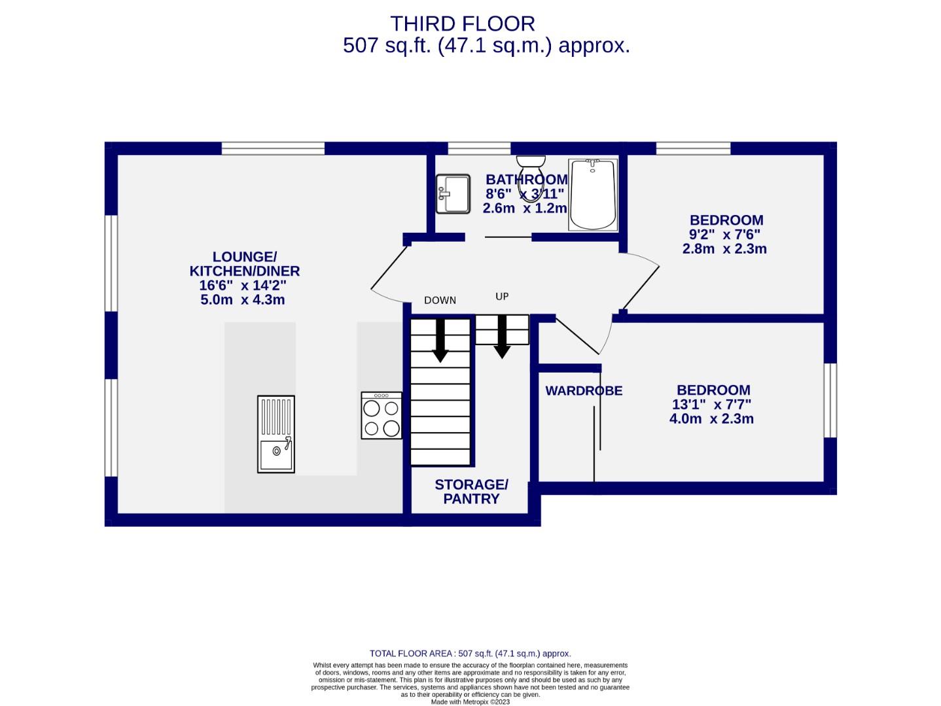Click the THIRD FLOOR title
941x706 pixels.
(463, 24)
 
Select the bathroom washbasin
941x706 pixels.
(453, 193)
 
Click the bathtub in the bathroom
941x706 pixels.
(593, 194)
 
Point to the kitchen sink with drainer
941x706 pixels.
(275, 434)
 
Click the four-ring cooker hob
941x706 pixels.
(382, 416)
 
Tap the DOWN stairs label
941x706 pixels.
(440, 301)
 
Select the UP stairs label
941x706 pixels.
(502, 297)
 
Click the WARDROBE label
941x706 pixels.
(584, 391)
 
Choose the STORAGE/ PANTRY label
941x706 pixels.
(471, 492)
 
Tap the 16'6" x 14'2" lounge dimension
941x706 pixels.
(243, 286)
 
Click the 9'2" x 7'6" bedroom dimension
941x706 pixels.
(724, 235)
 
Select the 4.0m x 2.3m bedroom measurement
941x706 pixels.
(711, 419)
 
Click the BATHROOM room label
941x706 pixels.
(526, 180)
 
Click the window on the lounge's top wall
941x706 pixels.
(273, 148)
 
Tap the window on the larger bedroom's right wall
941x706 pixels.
(830, 400)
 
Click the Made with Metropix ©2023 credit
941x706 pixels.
(470, 702)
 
